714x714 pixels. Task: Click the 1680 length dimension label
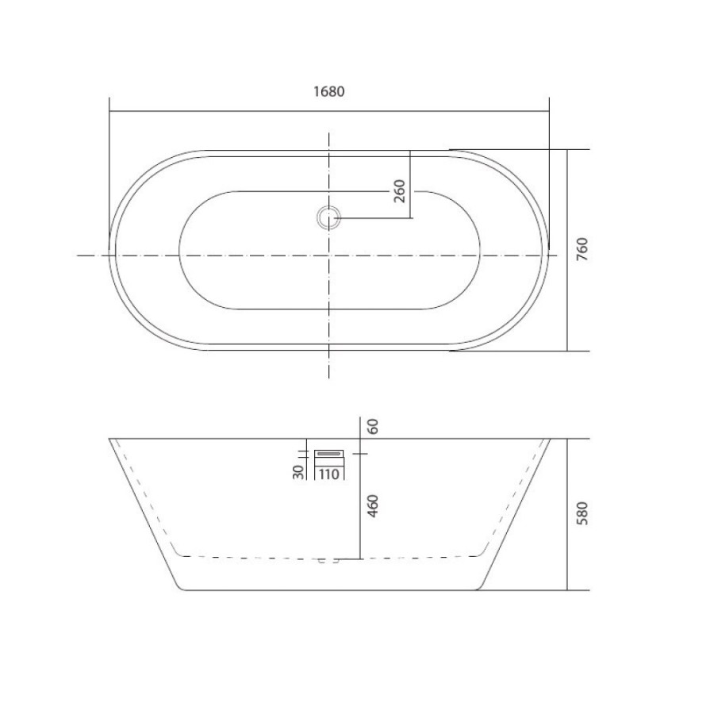click(x=328, y=91)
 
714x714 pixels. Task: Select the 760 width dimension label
click(x=582, y=249)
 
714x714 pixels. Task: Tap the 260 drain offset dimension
click(x=399, y=191)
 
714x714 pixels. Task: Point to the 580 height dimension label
click(x=582, y=513)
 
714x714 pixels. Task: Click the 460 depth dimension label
click(x=373, y=505)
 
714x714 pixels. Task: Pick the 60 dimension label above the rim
click(x=373, y=426)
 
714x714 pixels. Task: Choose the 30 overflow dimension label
click(x=299, y=472)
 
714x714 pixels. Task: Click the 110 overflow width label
click(x=328, y=474)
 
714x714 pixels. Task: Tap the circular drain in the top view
click(x=328, y=217)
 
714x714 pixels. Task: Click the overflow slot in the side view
click(x=329, y=454)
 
